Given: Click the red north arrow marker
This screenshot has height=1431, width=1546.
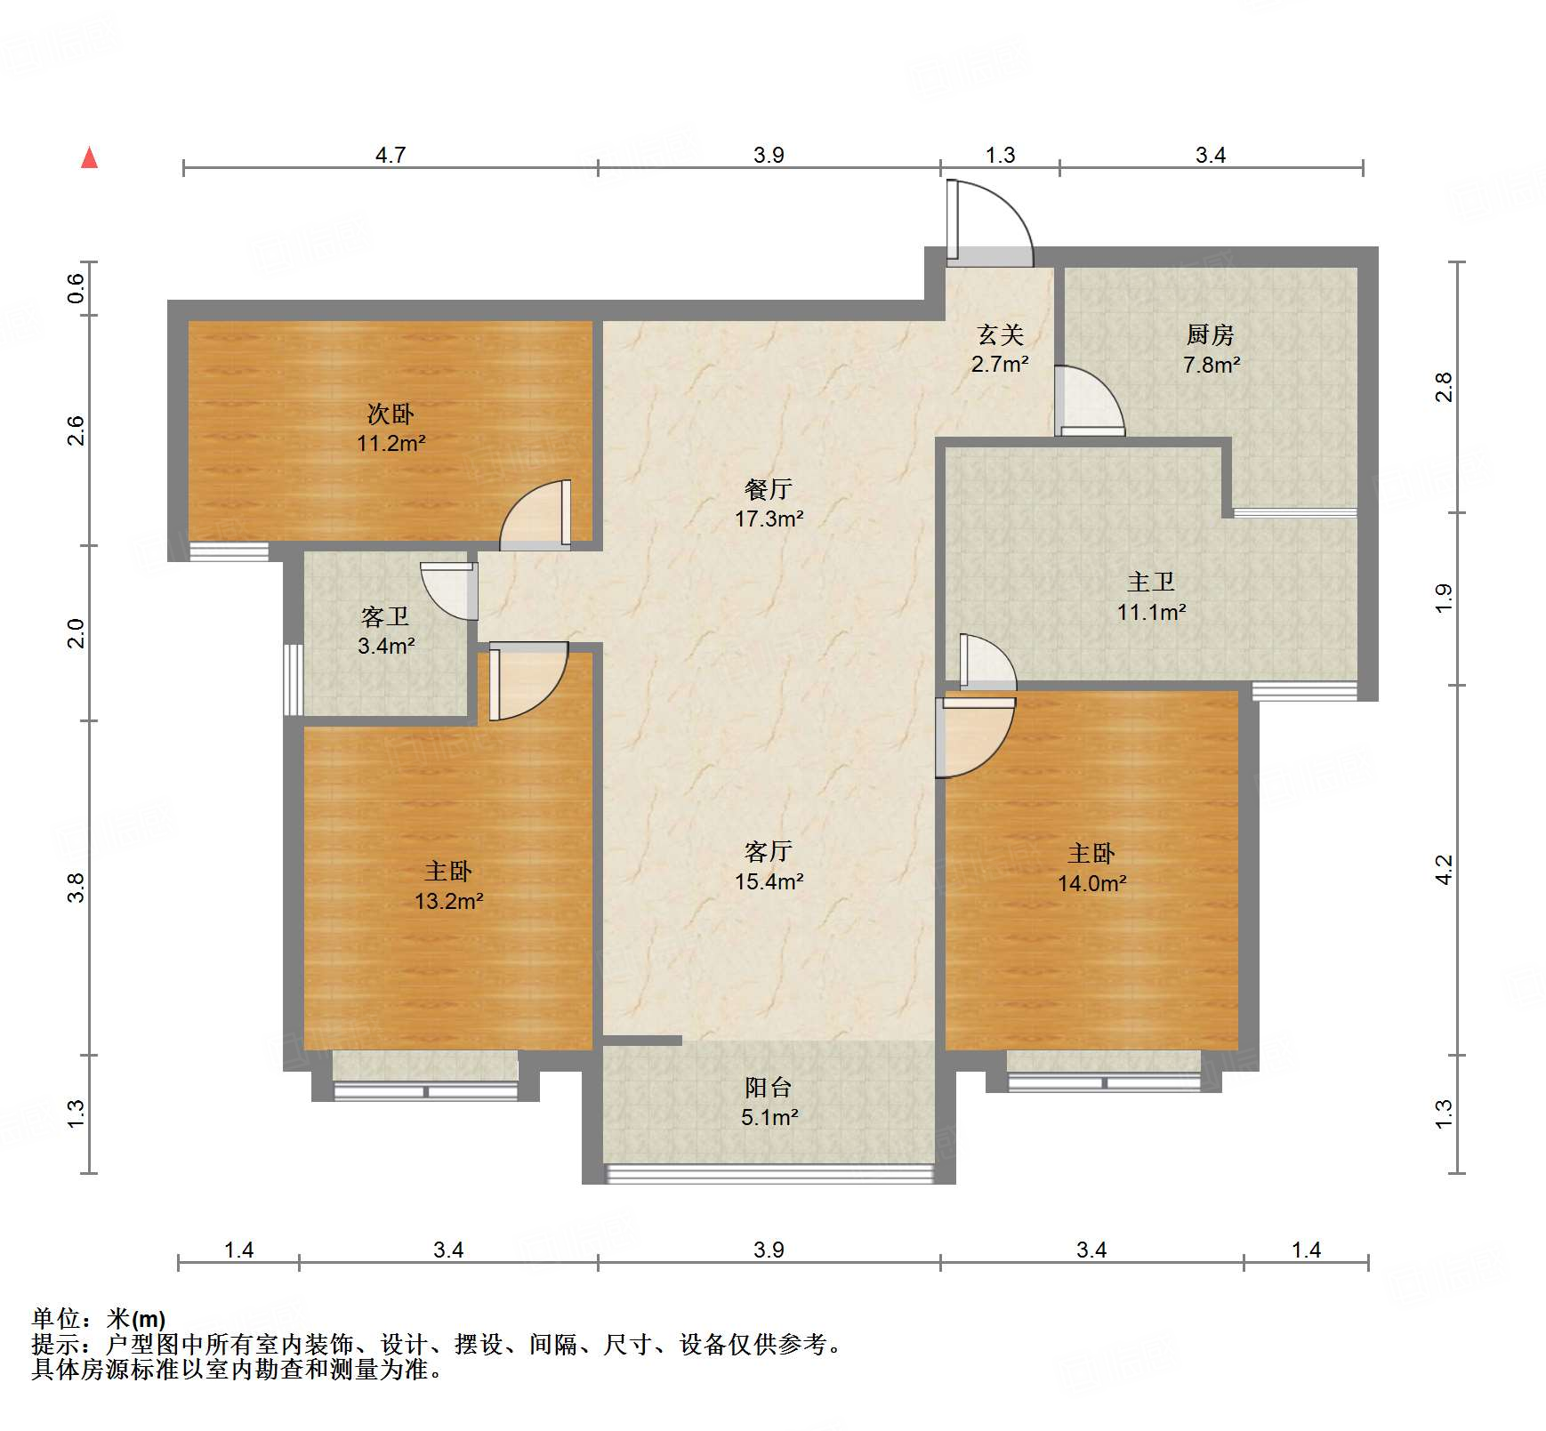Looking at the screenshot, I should [89, 158].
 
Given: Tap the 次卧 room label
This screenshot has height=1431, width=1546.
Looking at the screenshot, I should [391, 414].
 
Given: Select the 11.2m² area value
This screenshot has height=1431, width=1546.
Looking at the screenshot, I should [391, 443].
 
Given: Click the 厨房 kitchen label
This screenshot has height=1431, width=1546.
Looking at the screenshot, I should [1210, 334].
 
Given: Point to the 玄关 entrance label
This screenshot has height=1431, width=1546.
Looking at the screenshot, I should [1000, 334].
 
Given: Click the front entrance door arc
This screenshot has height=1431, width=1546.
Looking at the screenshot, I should [996, 218].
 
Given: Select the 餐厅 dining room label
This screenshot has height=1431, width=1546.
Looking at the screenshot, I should [769, 489].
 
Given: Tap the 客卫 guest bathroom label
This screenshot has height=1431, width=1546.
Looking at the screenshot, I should [385, 616].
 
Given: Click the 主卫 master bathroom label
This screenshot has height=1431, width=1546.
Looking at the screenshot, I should [1151, 582].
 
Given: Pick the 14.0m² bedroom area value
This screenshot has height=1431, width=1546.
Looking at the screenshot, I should [1091, 883].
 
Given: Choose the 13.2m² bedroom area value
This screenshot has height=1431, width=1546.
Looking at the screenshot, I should [448, 901].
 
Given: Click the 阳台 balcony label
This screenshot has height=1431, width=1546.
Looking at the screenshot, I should [769, 1087].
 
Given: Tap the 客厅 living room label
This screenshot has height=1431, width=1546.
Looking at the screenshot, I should [769, 851].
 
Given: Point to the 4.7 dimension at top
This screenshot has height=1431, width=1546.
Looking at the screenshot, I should [390, 155].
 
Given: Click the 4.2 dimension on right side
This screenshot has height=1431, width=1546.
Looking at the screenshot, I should [1444, 869].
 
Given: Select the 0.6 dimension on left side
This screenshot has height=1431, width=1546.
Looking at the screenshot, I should [76, 287].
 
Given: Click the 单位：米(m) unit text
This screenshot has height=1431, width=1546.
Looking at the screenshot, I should [99, 1319].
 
